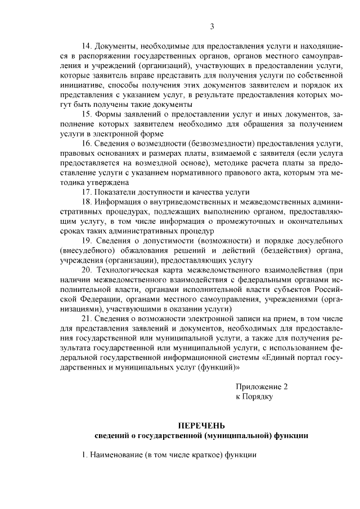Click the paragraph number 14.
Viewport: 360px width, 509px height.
coord(87,46)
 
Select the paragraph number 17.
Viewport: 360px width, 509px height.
coord(87,192)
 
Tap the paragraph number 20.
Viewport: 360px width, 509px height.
coord(87,270)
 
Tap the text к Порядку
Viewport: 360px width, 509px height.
coord(254,397)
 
